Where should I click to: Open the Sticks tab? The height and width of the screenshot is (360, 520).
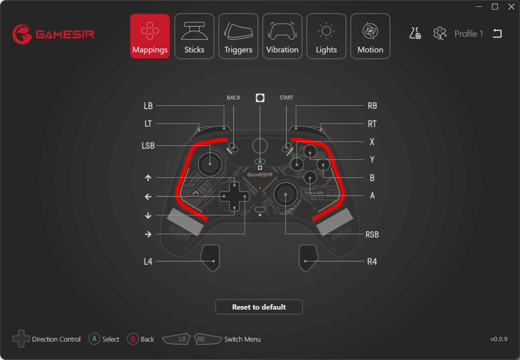point(194,36)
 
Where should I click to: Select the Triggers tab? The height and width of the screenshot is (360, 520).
point(238,36)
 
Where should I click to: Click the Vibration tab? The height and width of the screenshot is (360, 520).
point(282,36)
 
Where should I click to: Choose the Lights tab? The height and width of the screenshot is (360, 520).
point(326,36)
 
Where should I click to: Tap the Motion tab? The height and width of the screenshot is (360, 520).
point(370,36)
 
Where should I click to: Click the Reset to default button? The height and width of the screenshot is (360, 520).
point(259,307)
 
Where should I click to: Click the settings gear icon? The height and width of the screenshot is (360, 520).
point(440,33)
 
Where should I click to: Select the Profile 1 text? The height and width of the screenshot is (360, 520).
point(469,34)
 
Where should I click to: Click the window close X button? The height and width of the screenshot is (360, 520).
point(511,7)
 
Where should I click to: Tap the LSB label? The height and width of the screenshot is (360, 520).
point(148,146)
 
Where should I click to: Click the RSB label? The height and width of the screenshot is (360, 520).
point(372,235)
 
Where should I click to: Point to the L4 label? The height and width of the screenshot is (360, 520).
point(148,262)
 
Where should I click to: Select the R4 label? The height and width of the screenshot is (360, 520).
point(372,262)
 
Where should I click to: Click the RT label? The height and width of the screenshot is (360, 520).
point(372,124)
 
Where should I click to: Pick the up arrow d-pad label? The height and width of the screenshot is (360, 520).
point(148,178)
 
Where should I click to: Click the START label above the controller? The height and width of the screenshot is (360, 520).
point(286,98)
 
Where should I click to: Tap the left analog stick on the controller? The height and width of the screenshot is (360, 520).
point(210,164)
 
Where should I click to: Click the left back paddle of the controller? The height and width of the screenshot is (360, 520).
point(210,257)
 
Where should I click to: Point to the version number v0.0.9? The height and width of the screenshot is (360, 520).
point(499,339)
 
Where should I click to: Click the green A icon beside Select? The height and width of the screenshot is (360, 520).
point(94,339)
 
